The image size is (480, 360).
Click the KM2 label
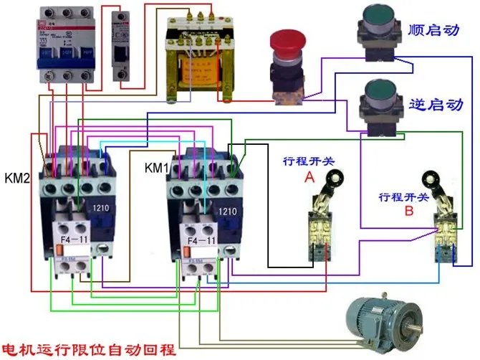point(16,177)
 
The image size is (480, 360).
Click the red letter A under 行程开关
point(309,176)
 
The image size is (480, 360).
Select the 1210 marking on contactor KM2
point(101,209)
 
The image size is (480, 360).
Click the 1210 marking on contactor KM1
point(226,211)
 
